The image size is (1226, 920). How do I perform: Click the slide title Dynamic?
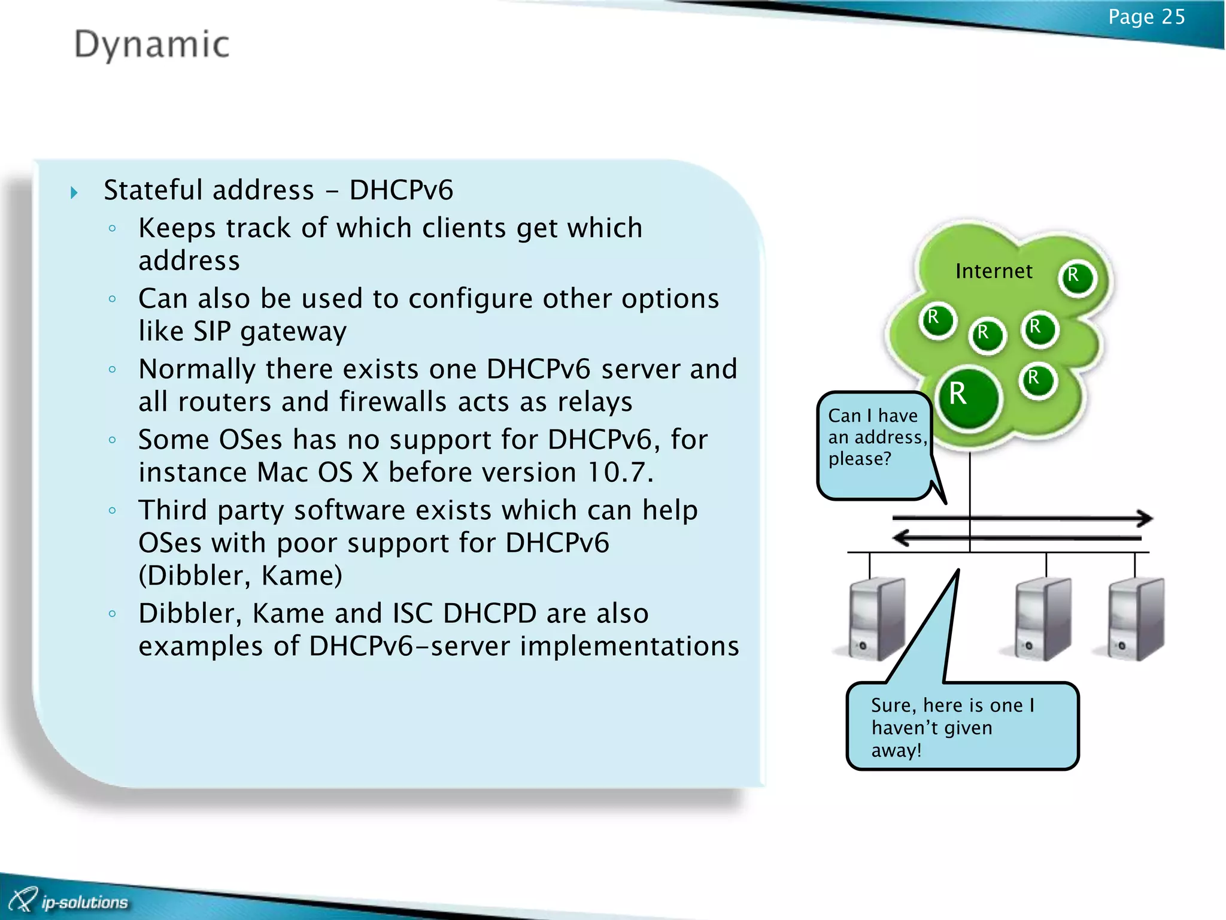pos(151,45)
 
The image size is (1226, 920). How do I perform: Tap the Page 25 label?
pos(1146,17)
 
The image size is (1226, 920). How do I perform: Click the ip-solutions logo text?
pos(84,902)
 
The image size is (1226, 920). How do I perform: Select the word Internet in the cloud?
pos(994,271)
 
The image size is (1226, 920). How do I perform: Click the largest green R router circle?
pos(968,397)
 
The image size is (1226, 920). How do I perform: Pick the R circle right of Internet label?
pos(1078,278)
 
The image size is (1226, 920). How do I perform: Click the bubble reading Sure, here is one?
pos(961,727)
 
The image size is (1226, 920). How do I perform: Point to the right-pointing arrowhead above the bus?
pos(1145,518)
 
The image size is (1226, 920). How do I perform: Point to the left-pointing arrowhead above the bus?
pos(901,537)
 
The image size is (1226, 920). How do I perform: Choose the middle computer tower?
pos(1042,620)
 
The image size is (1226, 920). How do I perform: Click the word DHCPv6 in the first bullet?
pos(401,190)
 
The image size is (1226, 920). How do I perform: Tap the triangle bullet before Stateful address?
pos(74,192)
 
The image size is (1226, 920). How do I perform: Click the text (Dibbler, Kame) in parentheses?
pos(241,576)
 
